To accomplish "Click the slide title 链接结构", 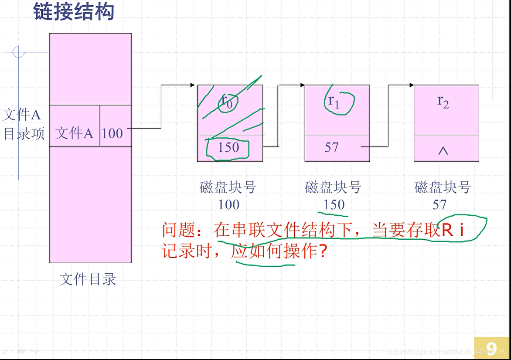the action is click(74, 11).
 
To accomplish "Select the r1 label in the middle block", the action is click(334, 101).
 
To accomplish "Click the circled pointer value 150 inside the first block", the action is click(228, 148).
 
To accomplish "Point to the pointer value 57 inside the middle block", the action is click(331, 148).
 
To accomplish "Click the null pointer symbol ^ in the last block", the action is click(443, 151).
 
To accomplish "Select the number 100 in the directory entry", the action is click(112, 133).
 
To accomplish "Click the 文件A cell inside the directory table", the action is click(74, 133).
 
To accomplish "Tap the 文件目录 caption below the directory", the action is click(88, 279).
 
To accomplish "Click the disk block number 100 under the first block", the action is click(229, 204).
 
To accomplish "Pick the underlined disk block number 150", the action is click(334, 204).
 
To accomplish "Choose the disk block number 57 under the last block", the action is click(439, 204).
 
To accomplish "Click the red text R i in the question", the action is click(453, 231).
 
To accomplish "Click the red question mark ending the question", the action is click(323, 251).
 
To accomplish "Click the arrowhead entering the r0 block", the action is click(193, 85).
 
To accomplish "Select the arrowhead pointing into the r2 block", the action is click(411, 85).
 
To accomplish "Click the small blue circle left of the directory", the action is click(18, 52).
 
